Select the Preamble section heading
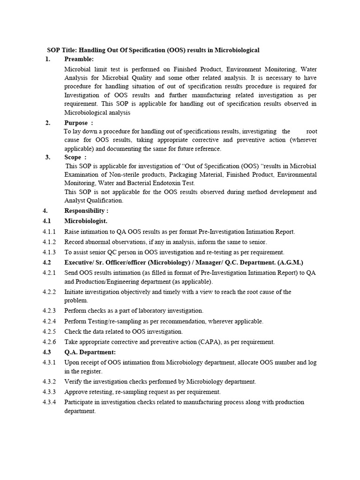(x=79, y=59)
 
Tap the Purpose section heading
(x=76, y=123)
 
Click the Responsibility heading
(x=87, y=210)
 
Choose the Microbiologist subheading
(x=86, y=221)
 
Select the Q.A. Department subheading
(x=90, y=352)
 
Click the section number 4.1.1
(x=49, y=232)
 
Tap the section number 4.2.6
(x=49, y=342)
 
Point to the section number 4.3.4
(x=49, y=402)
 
